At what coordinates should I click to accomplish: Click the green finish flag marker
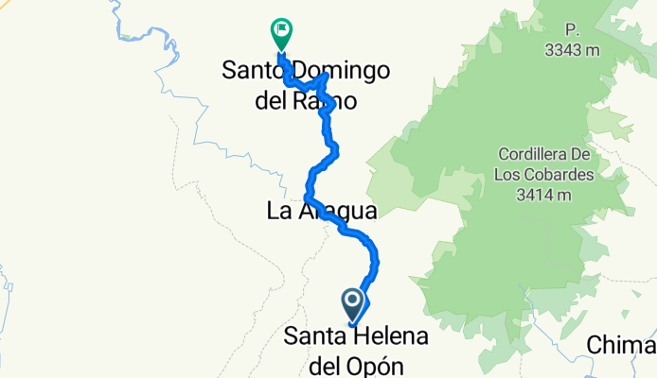click(x=281, y=32)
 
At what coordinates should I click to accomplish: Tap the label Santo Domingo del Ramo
click(x=307, y=85)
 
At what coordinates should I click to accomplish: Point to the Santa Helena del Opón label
click(x=356, y=351)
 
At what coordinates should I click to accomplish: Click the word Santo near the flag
click(x=250, y=71)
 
